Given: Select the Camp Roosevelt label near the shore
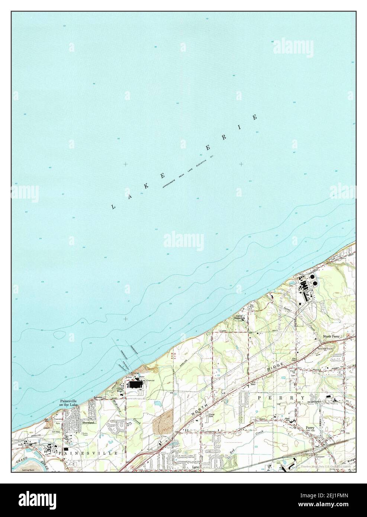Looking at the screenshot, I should [x=239, y=317].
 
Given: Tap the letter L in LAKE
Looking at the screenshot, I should [x=112, y=206].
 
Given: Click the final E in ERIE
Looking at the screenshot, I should [x=255, y=118].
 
